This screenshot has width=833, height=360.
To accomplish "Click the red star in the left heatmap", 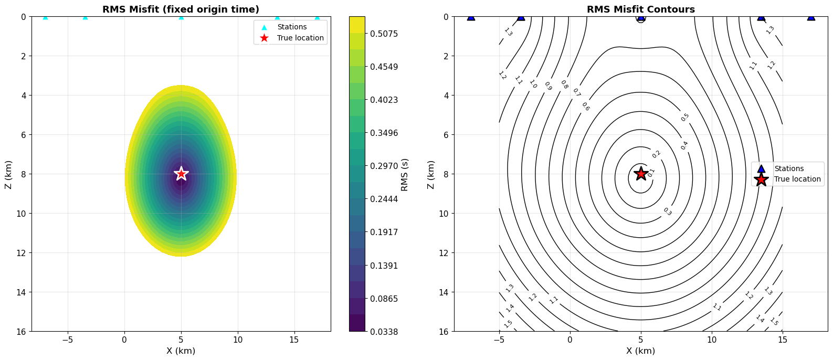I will [181, 173].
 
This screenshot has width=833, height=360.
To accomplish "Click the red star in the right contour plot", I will [640, 174].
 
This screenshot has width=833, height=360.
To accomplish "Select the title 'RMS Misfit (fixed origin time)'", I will [181, 9].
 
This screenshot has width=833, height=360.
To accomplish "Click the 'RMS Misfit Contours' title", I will [640, 9].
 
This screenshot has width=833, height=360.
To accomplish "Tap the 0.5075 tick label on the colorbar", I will [383, 34].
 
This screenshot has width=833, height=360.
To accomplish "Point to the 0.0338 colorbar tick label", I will [383, 332].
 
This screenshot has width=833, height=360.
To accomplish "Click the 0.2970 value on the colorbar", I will [383, 166].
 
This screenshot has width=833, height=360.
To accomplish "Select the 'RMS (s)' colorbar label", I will [404, 174].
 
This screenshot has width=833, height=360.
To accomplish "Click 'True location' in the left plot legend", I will [300, 38].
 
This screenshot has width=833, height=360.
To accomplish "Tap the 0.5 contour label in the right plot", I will [685, 118].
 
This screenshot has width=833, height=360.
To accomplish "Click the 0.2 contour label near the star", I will [656, 154].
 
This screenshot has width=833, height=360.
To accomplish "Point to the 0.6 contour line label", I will [585, 107].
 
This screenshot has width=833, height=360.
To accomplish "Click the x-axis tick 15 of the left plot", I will [294, 340].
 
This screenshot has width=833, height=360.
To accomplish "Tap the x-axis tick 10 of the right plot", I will [711, 340].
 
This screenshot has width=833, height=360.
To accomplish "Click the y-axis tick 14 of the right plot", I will [444, 292].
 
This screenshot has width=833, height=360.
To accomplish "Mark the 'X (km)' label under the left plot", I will [181, 351].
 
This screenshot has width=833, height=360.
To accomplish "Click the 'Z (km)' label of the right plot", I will [431, 174].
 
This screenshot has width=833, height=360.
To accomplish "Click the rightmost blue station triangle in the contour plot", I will [811, 17].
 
